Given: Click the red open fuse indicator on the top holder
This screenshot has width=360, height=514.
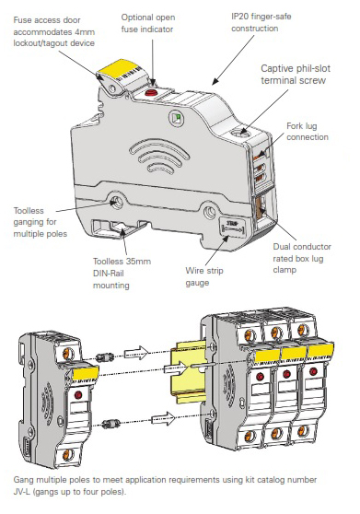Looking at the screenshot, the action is [151, 92].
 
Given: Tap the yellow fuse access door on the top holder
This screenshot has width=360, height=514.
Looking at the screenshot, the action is [117, 67].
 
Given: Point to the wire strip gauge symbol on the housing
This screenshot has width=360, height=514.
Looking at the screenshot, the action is [233, 227].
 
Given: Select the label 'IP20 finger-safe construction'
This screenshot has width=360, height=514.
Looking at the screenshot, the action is [261, 22].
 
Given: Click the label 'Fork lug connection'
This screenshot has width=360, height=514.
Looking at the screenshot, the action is [308, 132].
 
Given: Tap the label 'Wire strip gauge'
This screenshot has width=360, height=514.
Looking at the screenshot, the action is [204, 276].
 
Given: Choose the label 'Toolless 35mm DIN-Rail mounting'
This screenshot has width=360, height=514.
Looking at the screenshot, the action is [122, 274].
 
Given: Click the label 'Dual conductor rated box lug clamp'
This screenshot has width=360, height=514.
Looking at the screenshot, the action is [302, 258].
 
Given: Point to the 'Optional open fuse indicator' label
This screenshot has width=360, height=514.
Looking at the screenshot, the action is [147, 23].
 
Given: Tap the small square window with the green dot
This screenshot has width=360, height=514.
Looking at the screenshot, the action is [175, 118].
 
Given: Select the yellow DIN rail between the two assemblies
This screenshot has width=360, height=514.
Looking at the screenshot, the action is [189, 373].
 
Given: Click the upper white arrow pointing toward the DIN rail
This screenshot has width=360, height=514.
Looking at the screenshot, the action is [135, 353].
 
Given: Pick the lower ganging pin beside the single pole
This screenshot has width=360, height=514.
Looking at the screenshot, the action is [108, 424].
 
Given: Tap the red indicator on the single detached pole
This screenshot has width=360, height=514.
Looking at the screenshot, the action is [78, 394].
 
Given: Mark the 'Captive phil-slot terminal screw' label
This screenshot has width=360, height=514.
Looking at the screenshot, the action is [296, 75].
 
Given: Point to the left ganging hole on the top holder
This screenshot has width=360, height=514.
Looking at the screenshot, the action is [115, 202].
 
